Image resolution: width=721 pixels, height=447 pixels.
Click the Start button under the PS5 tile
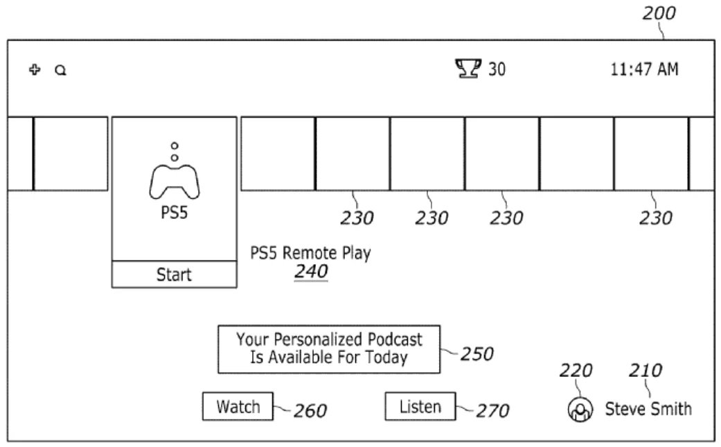pos(174,274)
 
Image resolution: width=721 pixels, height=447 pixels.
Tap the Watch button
pos(238,406)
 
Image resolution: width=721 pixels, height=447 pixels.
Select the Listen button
pos(420,406)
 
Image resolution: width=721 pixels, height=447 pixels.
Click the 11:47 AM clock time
pos(644,69)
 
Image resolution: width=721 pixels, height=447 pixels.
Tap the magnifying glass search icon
pos(61,70)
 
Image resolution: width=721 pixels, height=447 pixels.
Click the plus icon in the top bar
pos(34,69)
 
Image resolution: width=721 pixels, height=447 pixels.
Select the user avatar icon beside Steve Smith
pos(579,410)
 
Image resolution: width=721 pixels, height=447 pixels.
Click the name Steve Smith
pos(648,409)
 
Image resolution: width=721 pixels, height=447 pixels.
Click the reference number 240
pos(311,272)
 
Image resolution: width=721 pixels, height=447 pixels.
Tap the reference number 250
pos(477,354)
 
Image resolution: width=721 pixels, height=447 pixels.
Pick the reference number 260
pos(310,411)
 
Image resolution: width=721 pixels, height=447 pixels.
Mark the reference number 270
pos(492,411)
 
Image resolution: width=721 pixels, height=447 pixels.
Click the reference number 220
pos(576,371)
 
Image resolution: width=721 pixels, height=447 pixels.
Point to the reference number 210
pos(645,371)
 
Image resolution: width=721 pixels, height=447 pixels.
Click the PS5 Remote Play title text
pos(310,253)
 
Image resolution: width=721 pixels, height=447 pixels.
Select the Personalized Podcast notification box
pos(328,349)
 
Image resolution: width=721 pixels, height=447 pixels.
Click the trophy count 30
pos(497,69)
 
